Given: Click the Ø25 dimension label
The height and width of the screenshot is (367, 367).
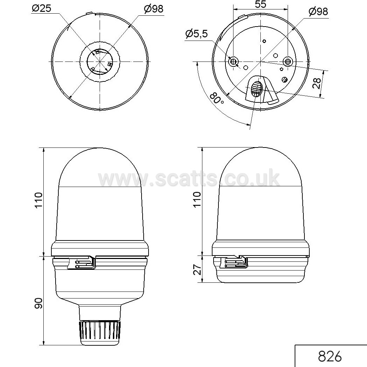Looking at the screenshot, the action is click(x=42, y=8).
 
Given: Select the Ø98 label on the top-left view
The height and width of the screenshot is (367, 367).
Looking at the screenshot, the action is click(x=153, y=9).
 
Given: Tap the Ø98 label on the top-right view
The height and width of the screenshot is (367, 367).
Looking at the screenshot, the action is click(x=318, y=12).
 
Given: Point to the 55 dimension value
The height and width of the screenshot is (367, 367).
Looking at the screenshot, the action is click(x=260, y=4).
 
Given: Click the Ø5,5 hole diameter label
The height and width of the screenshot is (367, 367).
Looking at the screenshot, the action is click(x=196, y=34).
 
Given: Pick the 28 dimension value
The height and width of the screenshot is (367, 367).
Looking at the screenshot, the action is click(x=317, y=84).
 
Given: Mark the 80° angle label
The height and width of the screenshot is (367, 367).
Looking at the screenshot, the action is click(x=216, y=98).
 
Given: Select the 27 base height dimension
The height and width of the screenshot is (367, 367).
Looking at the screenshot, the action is click(x=198, y=269).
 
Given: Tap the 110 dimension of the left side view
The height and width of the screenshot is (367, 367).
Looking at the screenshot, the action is click(x=38, y=200).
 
